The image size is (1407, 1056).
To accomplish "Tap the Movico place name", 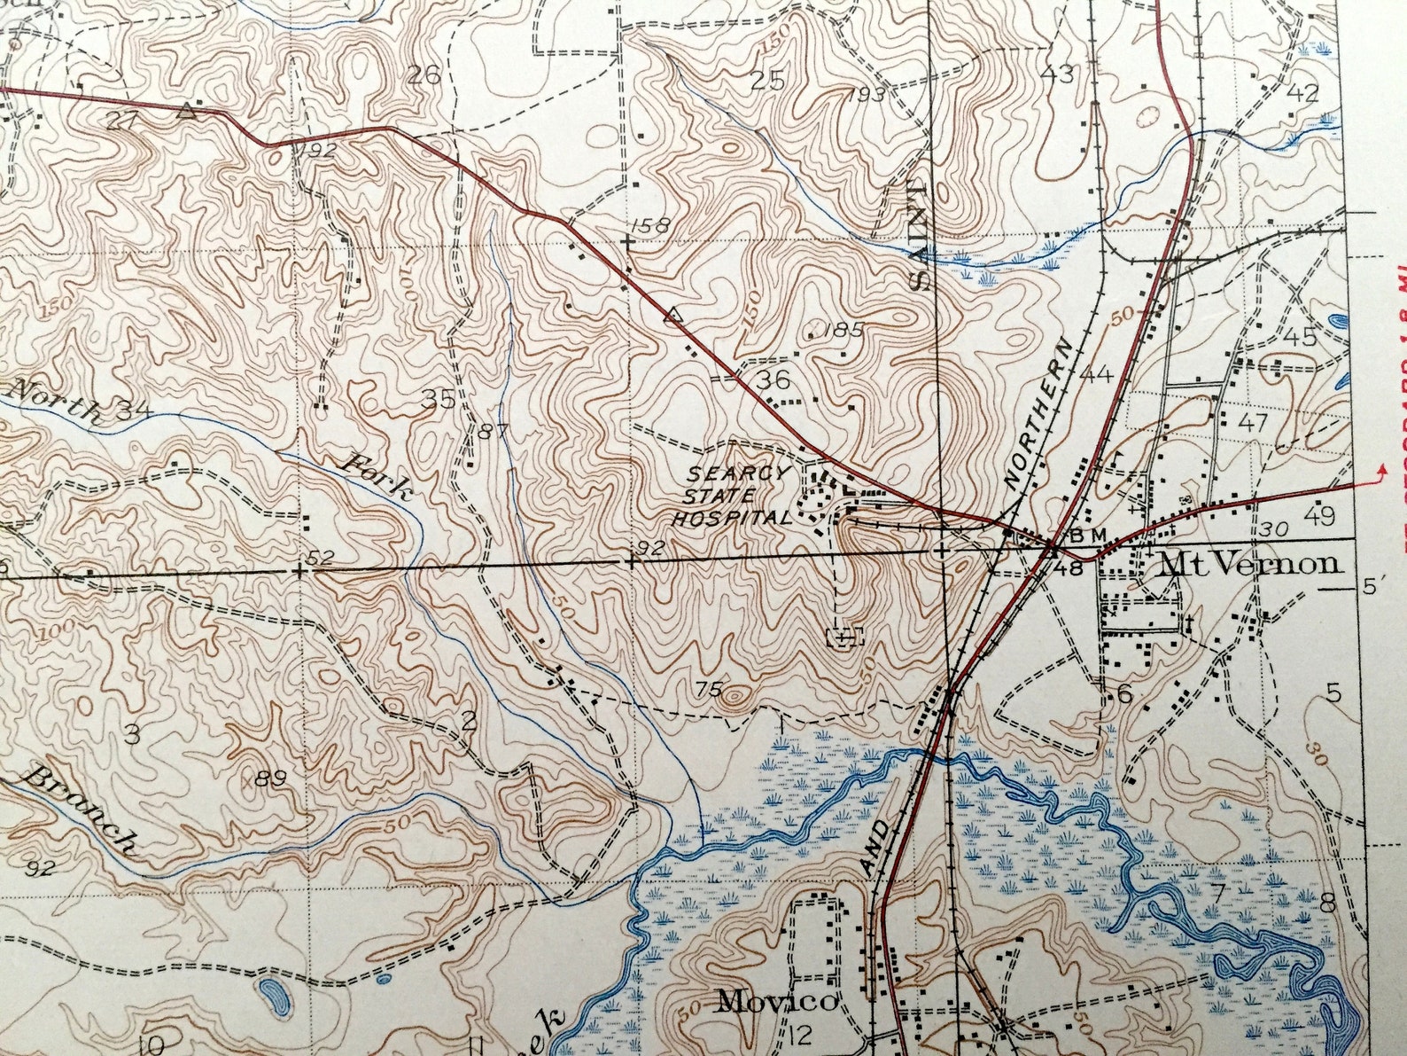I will (x=776, y=1002).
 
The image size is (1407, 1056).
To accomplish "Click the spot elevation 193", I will (x=865, y=95).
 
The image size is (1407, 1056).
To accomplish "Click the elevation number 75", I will (x=709, y=688).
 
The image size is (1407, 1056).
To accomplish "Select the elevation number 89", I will (x=269, y=778).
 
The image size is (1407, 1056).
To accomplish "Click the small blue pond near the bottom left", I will (x=274, y=996).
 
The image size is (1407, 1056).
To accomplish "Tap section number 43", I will (x=1057, y=74).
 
